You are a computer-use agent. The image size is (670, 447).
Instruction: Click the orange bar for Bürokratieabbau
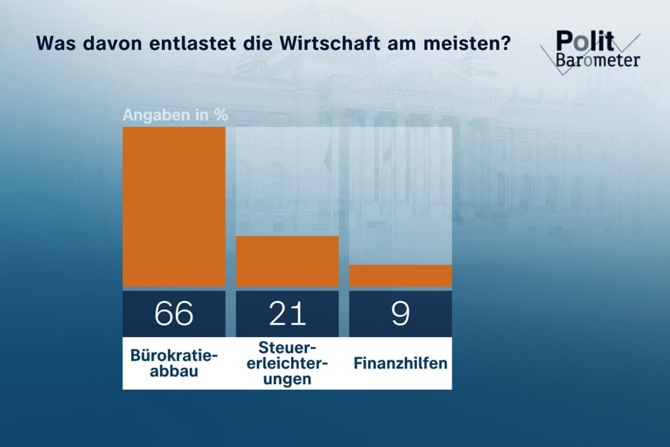(x=174, y=207)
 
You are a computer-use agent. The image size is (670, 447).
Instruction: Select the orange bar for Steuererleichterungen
(x=287, y=261)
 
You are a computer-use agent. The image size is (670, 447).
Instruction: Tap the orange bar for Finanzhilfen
(x=400, y=276)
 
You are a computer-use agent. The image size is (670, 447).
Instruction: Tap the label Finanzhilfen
(x=400, y=364)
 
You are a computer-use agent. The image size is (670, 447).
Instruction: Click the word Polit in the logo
(x=584, y=40)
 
